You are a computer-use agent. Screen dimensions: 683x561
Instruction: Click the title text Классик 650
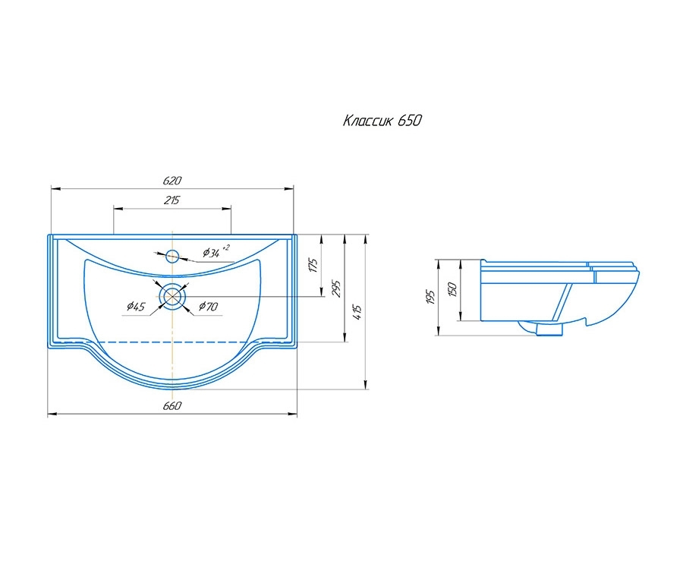click(382, 120)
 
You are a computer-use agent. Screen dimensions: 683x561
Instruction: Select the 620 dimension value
click(172, 181)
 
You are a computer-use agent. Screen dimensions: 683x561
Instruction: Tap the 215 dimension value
click(172, 200)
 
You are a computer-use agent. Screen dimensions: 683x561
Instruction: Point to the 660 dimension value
click(172, 405)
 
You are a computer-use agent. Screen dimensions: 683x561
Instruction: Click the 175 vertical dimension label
click(313, 265)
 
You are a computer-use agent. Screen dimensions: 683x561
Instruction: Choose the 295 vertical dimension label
click(336, 288)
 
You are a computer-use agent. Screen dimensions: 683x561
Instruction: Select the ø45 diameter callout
click(136, 307)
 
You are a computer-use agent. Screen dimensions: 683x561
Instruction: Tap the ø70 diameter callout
click(208, 306)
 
